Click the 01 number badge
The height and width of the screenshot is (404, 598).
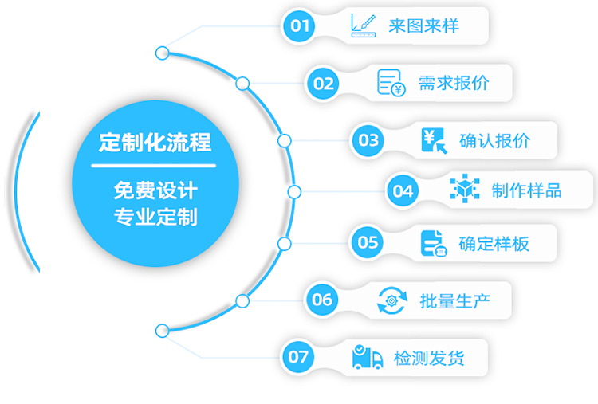299,26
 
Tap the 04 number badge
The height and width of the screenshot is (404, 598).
403,190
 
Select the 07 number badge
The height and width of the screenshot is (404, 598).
298,357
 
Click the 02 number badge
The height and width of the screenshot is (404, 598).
323,84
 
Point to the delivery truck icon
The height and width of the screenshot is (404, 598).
368,357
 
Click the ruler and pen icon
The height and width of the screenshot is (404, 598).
364,26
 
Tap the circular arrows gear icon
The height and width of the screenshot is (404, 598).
391,300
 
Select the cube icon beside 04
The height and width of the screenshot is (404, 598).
465,188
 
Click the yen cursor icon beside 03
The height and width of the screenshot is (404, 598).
435,141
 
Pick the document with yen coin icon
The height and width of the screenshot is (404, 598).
391,83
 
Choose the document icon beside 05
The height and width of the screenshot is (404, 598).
434,244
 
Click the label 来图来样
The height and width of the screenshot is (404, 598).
423,26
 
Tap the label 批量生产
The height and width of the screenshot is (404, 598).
455,301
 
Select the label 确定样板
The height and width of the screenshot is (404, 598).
494,244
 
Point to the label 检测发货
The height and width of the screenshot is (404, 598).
429,359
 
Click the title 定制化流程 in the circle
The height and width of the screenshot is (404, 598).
155,143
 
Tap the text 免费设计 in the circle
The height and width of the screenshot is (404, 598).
155,190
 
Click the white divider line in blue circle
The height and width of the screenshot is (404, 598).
154,166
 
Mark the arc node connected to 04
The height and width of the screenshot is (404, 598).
294,192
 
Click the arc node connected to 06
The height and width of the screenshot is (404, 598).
242,301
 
